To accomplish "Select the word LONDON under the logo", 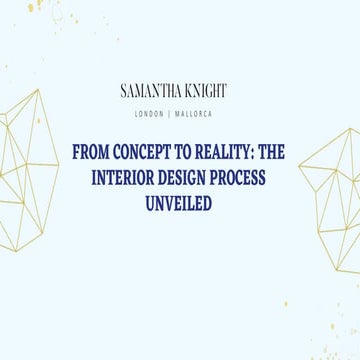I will coord(150,113).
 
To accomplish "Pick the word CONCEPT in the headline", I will coord(141,152).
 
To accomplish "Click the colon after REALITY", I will coord(258,153).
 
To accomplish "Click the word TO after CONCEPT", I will coord(185,152).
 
